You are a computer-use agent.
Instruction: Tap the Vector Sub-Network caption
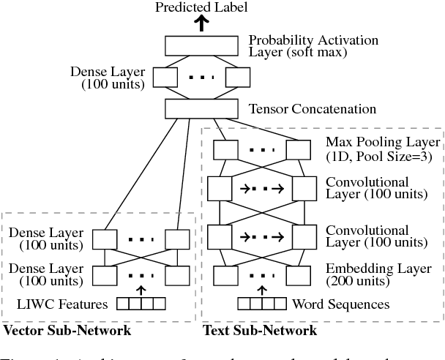[67, 331]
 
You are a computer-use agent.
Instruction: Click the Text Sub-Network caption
[261, 331]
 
